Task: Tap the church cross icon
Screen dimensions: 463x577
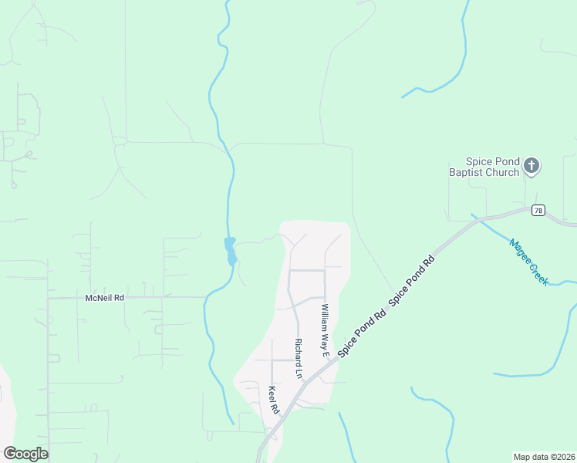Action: (531, 164)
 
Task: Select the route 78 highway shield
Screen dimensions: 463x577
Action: (538, 210)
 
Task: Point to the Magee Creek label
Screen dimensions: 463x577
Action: (529, 262)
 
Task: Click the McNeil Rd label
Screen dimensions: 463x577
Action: (104, 297)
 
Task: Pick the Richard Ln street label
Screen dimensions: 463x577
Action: (298, 359)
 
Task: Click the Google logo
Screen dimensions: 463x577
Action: (25, 453)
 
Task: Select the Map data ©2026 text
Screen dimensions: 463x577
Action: (544, 456)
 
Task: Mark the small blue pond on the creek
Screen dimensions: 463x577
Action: (230, 251)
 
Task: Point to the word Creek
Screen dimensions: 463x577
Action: (538, 273)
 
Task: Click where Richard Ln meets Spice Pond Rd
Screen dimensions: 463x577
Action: (306, 378)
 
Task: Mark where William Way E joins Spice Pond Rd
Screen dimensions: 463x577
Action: (332, 360)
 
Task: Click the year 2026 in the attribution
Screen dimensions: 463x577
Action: (562, 456)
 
